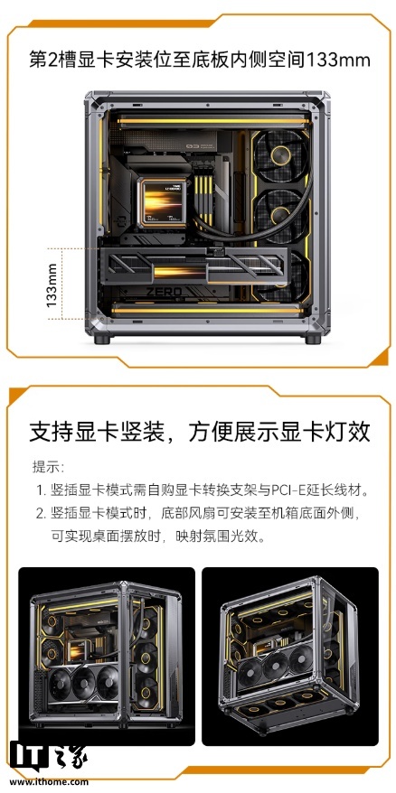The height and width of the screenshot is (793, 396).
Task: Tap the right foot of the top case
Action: (312, 341)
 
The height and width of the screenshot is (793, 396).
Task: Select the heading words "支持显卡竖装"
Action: (98, 431)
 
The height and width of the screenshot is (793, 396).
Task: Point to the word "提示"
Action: (47, 467)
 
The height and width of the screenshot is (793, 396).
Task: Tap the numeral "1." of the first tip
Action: (41, 490)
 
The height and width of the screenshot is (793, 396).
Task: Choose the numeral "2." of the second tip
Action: (41, 514)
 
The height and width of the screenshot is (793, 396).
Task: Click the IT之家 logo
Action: (49, 755)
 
